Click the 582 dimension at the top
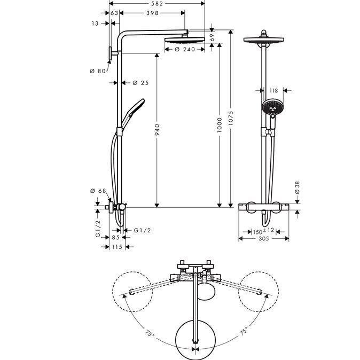pyautogui.click(x=156, y=4)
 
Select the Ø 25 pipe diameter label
pyautogui.click(x=140, y=83)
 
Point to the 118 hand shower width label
pyautogui.click(x=273, y=91)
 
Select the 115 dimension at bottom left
pyautogui.click(x=117, y=247)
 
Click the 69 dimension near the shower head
pyautogui.click(x=212, y=37)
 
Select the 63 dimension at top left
pyautogui.click(x=114, y=13)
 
